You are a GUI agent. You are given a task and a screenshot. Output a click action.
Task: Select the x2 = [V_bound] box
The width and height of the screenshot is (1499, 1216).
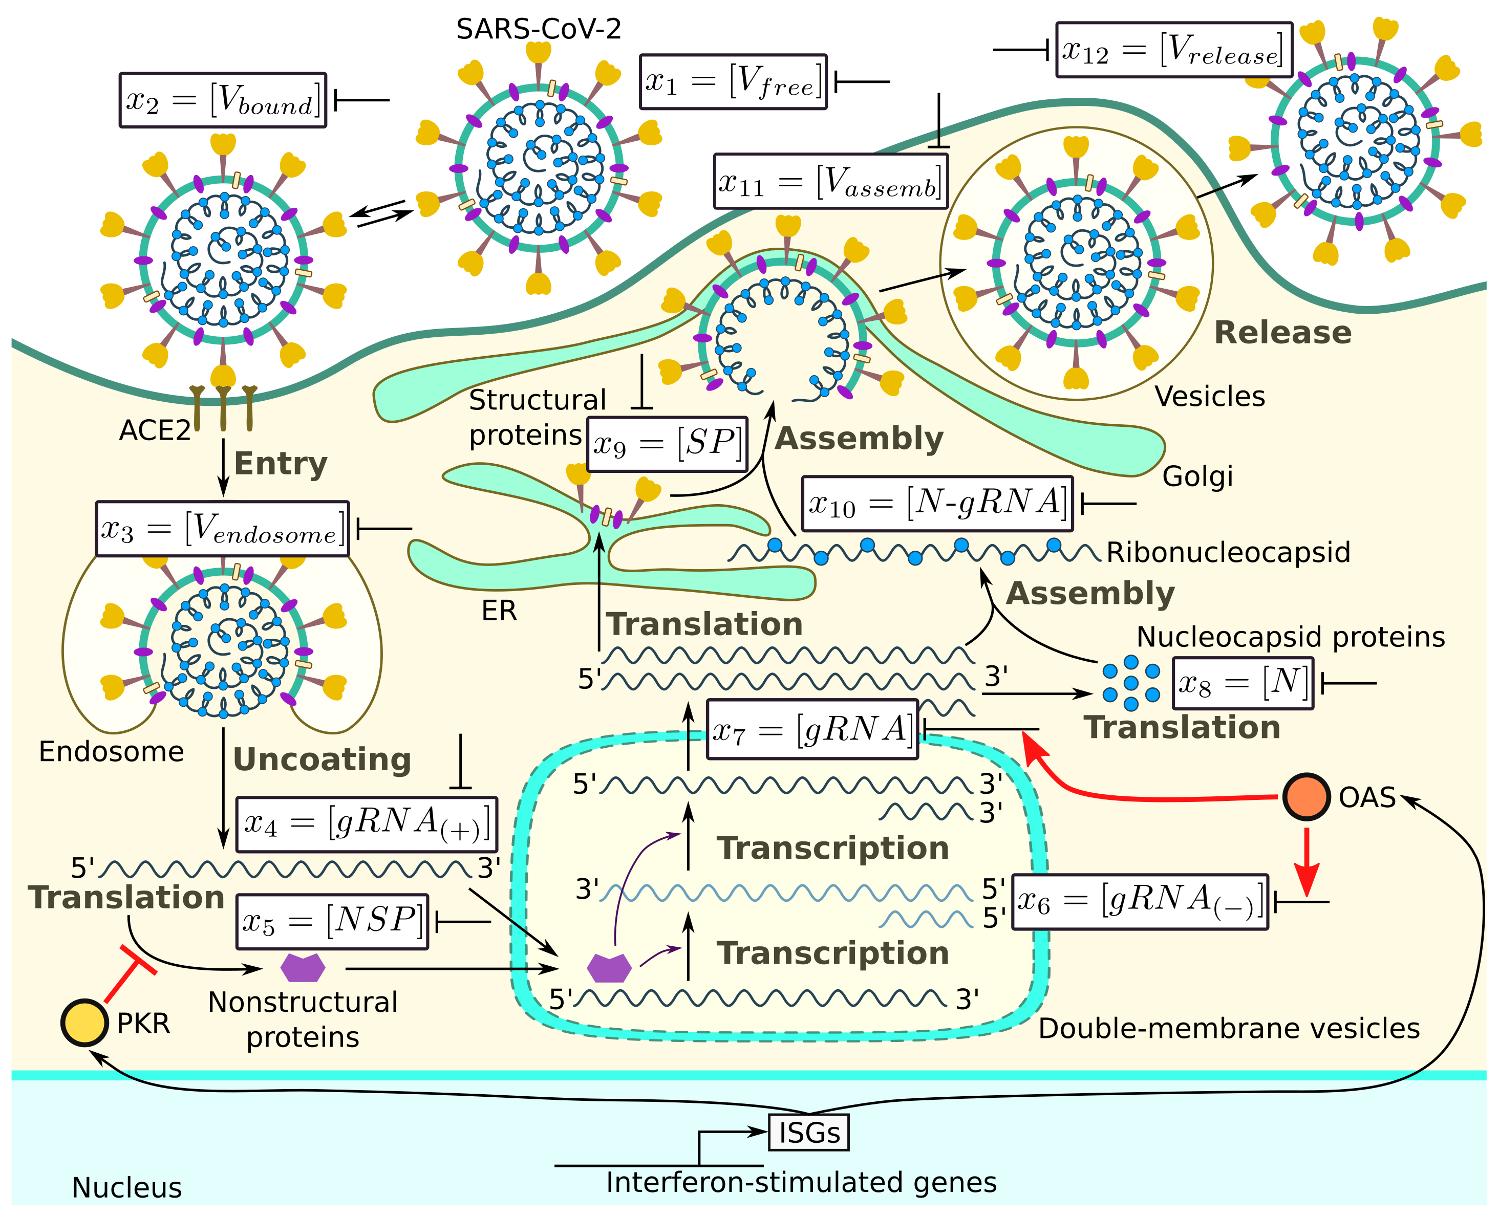point(223,100)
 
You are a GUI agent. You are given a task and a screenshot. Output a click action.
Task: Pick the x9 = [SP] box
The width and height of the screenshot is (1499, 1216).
point(667,444)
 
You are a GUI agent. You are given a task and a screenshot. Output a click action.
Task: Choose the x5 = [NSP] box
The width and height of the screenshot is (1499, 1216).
point(332,921)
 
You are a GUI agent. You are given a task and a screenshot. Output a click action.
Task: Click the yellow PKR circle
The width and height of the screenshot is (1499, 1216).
point(84,1023)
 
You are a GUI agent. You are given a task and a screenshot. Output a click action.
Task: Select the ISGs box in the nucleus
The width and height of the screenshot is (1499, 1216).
point(809,1132)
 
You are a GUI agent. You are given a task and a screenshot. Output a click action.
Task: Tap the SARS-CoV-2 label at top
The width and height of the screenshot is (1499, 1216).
point(538,29)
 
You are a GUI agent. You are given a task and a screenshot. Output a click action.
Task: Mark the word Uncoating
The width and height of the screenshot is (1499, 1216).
point(322,759)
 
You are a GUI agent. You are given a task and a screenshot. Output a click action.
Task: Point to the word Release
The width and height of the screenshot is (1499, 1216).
point(1282,332)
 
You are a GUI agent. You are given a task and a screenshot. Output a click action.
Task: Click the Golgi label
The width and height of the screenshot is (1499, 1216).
point(1197,476)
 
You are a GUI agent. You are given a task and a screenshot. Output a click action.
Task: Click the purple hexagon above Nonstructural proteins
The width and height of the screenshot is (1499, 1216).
point(303,967)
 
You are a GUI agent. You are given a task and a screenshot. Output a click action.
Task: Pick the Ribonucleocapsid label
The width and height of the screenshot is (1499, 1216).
point(1228,552)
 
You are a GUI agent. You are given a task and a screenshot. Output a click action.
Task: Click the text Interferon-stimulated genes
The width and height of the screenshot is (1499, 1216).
point(801,1183)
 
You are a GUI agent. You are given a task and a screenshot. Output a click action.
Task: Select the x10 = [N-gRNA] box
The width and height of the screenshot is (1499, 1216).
point(937,503)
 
